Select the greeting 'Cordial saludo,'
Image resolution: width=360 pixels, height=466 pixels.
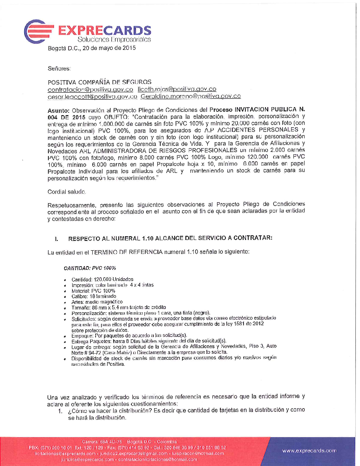pos(67,192)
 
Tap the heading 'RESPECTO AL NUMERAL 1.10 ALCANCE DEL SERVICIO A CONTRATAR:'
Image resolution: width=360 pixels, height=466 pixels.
pos(170,239)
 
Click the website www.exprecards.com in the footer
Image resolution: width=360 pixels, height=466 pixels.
pos(309,451)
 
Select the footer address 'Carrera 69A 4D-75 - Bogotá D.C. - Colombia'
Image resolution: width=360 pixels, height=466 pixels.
pos(129,441)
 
